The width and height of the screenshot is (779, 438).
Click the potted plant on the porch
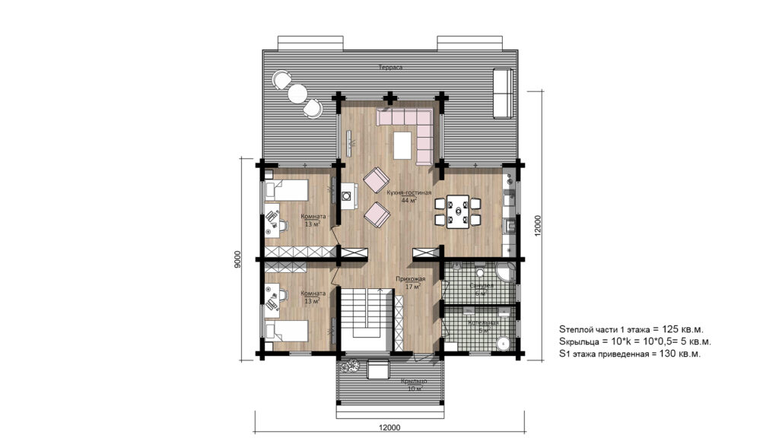[x=351, y=366]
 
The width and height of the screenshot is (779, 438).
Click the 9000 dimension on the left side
[x=239, y=260]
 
